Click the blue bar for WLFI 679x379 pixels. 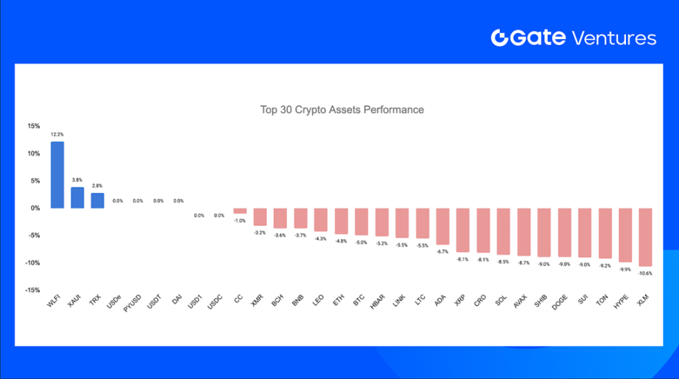[x=57, y=175]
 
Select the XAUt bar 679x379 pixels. [x=77, y=197]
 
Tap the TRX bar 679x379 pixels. [x=97, y=200]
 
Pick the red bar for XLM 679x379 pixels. [x=645, y=237]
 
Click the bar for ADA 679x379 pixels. [x=442, y=226]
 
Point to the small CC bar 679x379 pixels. [x=239, y=210]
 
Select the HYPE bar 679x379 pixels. [x=625, y=235]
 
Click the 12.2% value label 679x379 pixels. [x=57, y=135]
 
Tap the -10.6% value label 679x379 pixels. [x=645, y=273]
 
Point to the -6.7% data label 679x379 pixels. [x=442, y=251]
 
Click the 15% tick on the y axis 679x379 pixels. [x=34, y=126]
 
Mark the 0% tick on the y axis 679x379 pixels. [x=35, y=208]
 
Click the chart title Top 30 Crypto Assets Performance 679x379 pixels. [x=342, y=110]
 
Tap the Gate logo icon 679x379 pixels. [x=500, y=38]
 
